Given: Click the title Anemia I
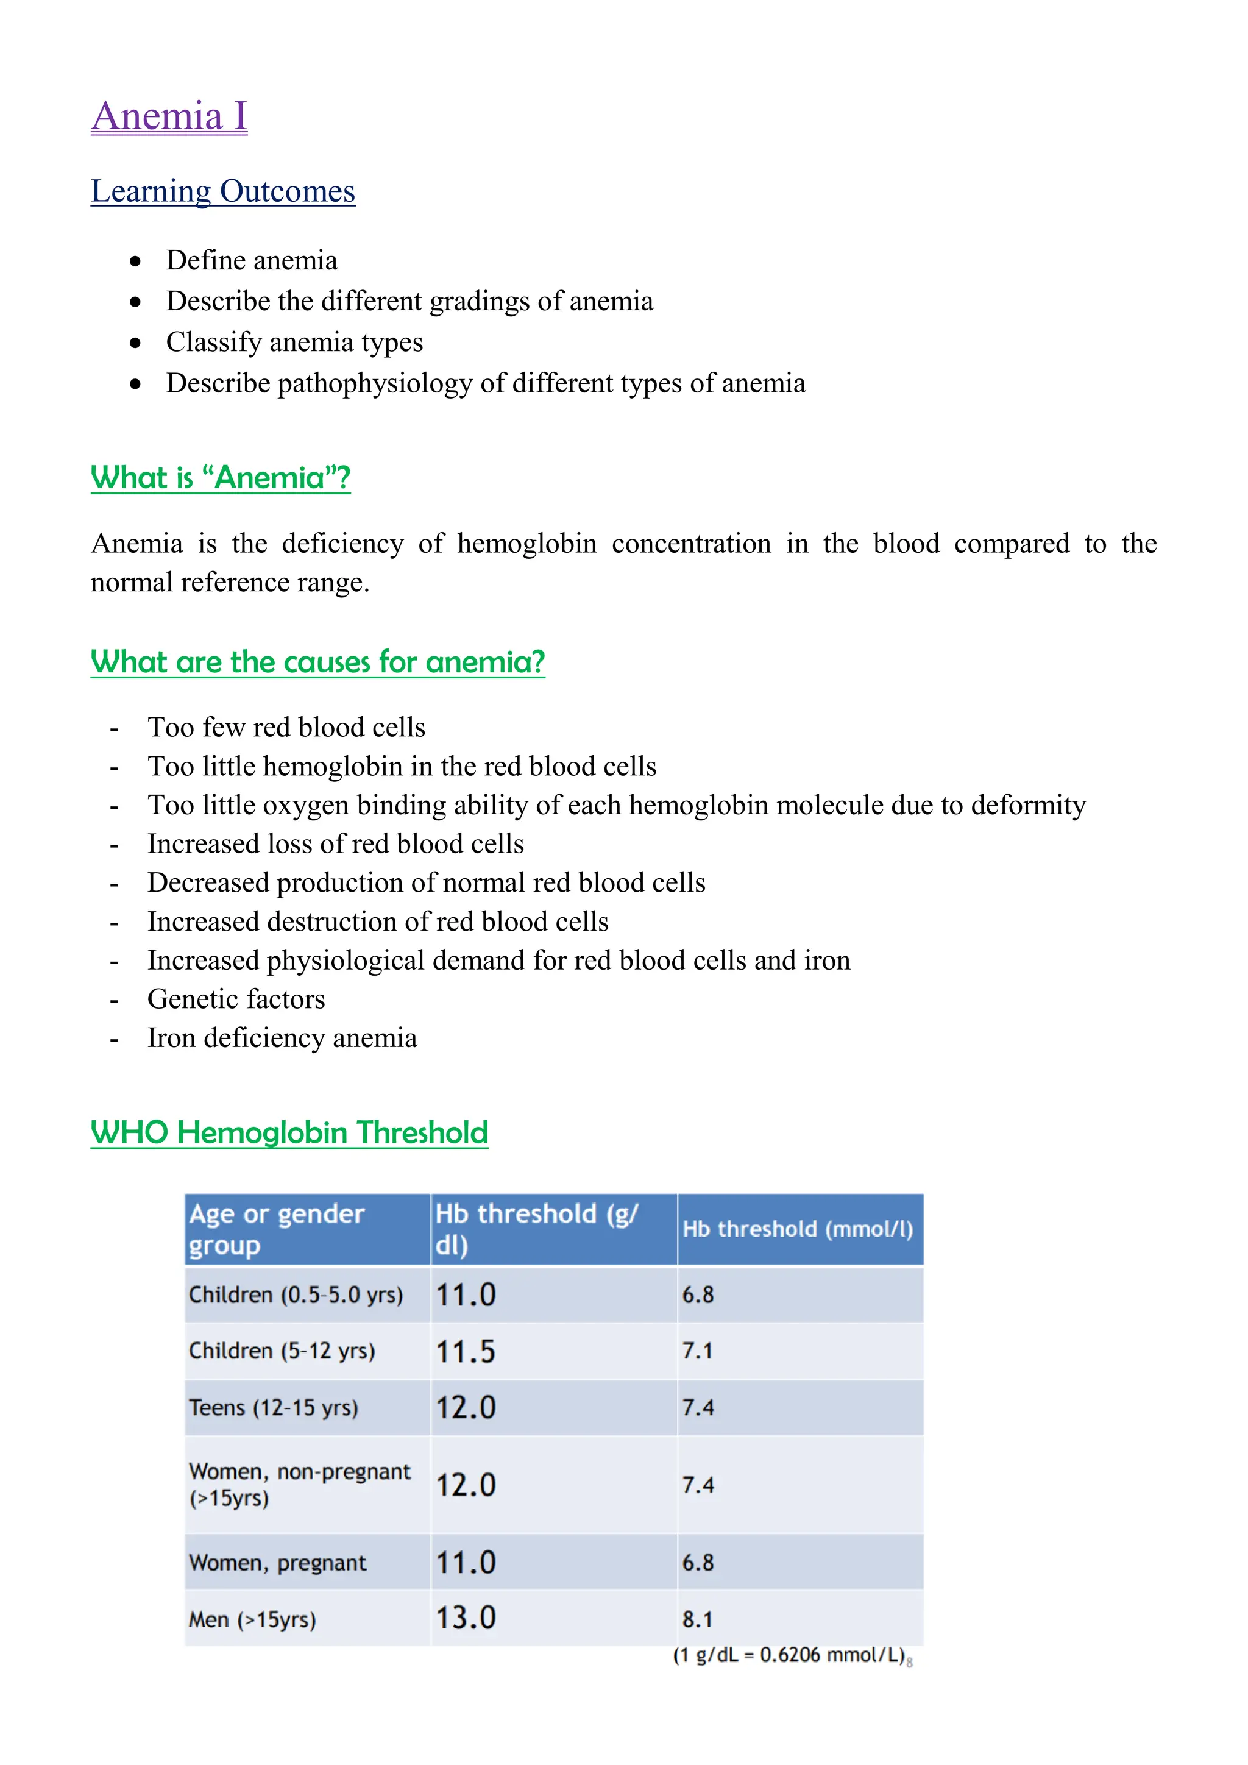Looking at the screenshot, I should pyautogui.click(x=169, y=117).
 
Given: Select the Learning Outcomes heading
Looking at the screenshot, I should pyautogui.click(x=223, y=191).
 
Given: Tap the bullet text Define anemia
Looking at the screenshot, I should pyautogui.click(x=251, y=261).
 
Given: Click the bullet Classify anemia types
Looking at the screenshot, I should pyautogui.click(x=294, y=342).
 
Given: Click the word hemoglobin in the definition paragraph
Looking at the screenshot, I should pyautogui.click(x=526, y=544).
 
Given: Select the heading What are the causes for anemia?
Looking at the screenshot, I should pyautogui.click(x=317, y=662).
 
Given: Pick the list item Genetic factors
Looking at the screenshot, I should pyautogui.click(x=236, y=1000).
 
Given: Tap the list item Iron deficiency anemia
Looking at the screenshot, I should pyautogui.click(x=282, y=1039).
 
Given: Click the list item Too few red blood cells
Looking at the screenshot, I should pyautogui.click(x=286, y=727).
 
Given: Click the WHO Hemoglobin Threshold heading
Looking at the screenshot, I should pyautogui.click(x=289, y=1132).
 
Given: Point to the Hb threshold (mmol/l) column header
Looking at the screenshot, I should pyautogui.click(x=797, y=1229).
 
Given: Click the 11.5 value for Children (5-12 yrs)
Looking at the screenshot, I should pyautogui.click(x=466, y=1351).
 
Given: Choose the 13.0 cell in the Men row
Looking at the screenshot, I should pyautogui.click(x=466, y=1618).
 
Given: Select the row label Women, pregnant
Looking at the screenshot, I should pyautogui.click(x=277, y=1563).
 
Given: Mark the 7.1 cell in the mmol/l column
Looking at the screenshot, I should pyautogui.click(x=698, y=1351).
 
